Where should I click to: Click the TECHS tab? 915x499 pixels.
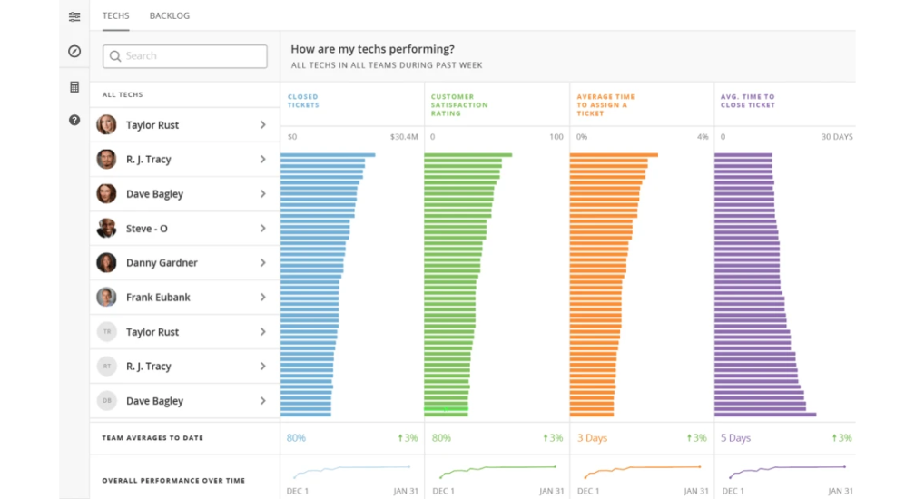115,15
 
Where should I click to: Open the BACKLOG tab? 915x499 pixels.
169,15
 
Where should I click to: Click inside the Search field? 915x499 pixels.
185,56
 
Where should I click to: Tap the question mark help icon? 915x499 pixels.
74,120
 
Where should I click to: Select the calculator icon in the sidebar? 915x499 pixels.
74,87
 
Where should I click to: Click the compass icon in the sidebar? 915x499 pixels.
74,52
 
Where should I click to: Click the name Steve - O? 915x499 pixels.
146,229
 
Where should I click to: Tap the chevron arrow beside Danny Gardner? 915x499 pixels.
262,263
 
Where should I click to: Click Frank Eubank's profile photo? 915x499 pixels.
106,298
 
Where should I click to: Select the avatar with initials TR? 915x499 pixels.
106,332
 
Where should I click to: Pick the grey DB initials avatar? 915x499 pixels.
106,400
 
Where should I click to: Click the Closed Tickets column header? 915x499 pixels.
303,101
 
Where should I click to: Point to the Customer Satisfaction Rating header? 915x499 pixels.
459,105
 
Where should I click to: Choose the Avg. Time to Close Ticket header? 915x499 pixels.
748,101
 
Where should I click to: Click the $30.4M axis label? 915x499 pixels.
404,137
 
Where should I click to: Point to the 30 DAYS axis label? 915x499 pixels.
837,137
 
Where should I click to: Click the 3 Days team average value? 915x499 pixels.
592,438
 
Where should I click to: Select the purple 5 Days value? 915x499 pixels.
735,438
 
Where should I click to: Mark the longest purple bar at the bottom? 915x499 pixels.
765,415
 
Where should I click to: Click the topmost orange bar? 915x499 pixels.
614,155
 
